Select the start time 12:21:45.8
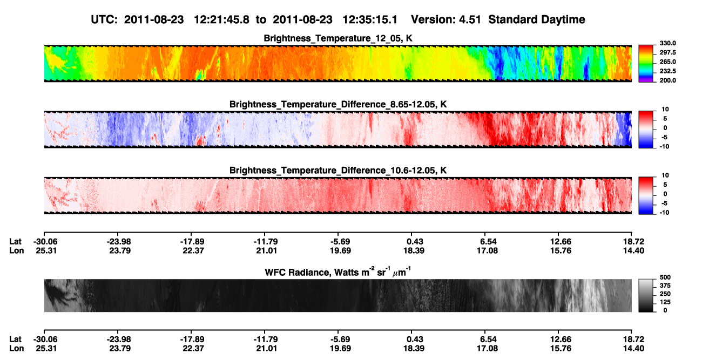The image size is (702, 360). point(221,20)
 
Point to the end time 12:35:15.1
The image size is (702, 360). point(370,20)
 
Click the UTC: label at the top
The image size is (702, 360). point(104,20)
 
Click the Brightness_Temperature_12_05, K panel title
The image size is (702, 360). point(338,38)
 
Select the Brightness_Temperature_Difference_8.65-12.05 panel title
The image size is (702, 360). point(338,104)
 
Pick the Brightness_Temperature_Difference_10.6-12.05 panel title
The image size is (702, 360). point(338,171)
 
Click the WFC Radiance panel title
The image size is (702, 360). point(338,272)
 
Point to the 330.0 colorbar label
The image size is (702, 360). point(667,43)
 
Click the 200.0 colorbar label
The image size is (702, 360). point(667,80)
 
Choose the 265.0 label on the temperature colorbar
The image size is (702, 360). point(667,62)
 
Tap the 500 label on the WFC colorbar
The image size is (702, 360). point(665,277)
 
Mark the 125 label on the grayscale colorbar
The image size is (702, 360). point(665,302)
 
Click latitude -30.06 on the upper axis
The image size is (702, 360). point(45,242)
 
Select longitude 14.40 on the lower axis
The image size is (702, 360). point(633,349)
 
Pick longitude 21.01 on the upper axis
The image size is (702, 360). point(266,250)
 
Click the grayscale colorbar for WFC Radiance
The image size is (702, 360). point(646,295)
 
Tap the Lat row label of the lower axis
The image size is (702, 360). point(15,339)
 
